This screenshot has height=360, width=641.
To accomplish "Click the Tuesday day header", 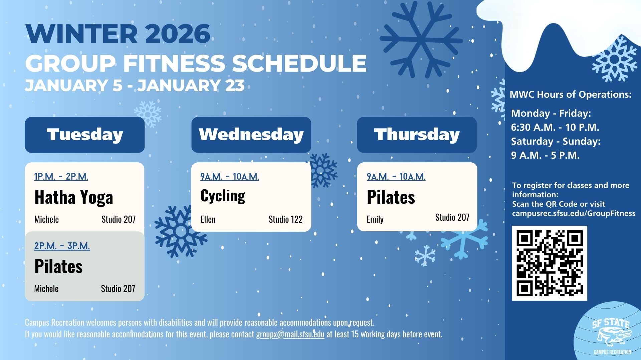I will (85, 135).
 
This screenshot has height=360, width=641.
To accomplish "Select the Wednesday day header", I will (251, 135).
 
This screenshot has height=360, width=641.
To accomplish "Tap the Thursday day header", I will (417, 135).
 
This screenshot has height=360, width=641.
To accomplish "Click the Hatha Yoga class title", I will (74, 197).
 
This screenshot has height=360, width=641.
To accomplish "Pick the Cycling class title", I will (223, 196).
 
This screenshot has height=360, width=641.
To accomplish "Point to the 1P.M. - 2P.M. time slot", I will (61, 176).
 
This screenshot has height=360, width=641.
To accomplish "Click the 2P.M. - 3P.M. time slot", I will (62, 246).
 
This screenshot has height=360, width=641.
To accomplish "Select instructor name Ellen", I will (208, 219).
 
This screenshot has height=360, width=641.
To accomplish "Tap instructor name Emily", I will (375, 219).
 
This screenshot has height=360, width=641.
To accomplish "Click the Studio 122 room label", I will (285, 219).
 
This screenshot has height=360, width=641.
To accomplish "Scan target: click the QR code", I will (550, 263).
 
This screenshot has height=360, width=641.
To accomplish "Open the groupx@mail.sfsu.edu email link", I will (290, 334).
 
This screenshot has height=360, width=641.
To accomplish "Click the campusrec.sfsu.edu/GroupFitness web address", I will (574, 213).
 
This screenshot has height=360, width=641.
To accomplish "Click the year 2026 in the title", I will (178, 34).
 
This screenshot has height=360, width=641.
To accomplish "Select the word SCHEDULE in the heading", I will (299, 63).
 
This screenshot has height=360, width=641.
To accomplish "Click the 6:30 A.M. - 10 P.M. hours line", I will (555, 127).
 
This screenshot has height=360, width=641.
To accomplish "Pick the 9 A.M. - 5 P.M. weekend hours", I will (545, 155).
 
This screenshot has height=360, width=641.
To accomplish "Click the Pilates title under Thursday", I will (391, 197).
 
